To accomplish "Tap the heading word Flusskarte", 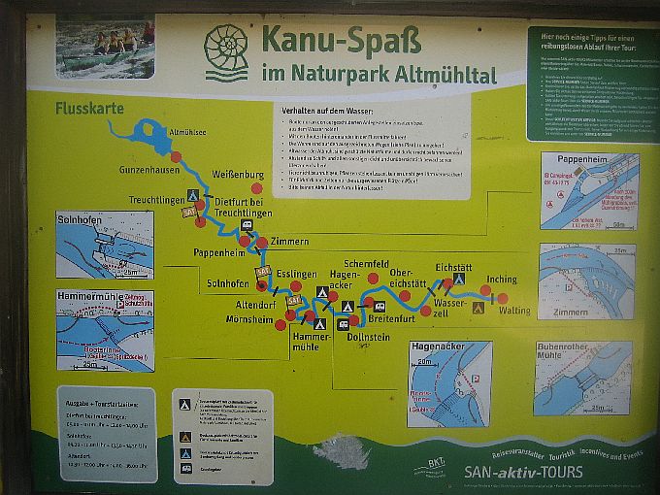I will [89, 108].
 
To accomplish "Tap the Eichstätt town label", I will [453, 265].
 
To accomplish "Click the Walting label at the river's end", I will [514, 311].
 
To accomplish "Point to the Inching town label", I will [502, 280].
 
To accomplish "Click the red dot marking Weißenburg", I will [256, 188].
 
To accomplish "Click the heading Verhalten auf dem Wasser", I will [334, 112].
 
